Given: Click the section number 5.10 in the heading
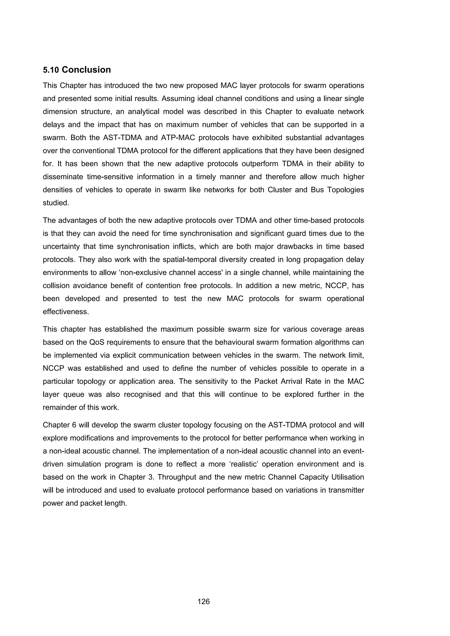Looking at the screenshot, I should coord(51,70).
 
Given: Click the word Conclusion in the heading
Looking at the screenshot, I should coord(86,70).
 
